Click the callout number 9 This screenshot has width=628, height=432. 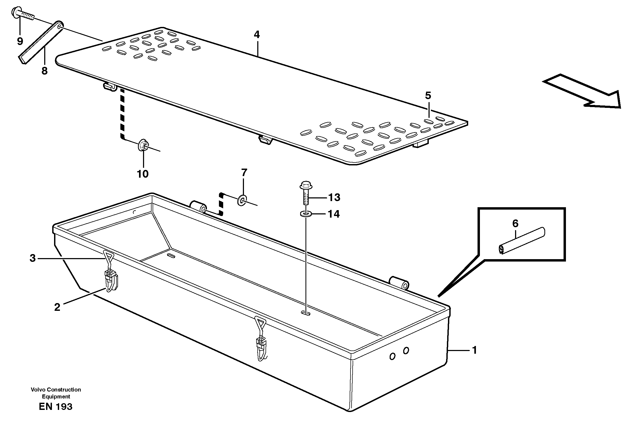(x=20, y=41)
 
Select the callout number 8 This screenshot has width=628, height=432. (x=44, y=71)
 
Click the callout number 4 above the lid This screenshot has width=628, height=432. (x=257, y=35)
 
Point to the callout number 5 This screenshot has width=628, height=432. (x=428, y=95)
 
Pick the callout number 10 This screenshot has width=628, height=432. (x=143, y=174)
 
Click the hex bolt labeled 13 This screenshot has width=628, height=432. (x=306, y=195)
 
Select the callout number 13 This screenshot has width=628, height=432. (x=334, y=197)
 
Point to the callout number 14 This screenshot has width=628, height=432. (x=333, y=214)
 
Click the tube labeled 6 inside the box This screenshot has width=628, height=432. (x=521, y=241)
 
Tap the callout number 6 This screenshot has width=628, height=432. (x=515, y=223)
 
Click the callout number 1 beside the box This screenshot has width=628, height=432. (x=474, y=350)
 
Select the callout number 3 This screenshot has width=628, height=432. (x=32, y=258)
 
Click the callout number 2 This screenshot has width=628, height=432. (x=57, y=307)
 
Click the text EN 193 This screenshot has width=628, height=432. (x=55, y=407)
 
